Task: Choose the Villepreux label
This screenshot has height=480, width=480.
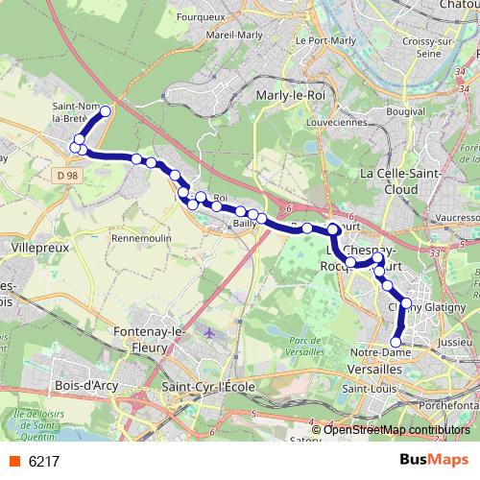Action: (x=38, y=247)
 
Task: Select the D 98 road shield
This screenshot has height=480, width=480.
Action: (x=65, y=174)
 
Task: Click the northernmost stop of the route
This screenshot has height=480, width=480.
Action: (x=105, y=111)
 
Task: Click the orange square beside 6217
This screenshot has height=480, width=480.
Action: (x=13, y=461)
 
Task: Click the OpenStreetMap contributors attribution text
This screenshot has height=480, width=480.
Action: (x=396, y=429)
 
